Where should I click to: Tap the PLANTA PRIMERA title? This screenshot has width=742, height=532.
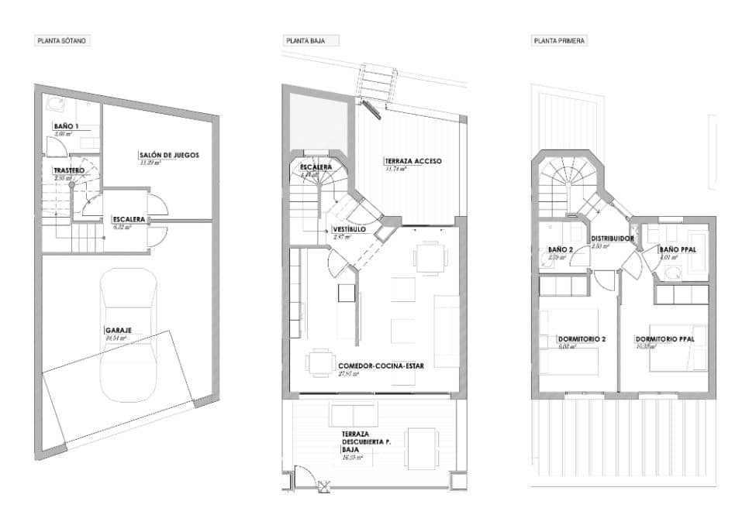coord(558,40)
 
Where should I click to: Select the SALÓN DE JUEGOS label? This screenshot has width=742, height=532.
coord(169,155)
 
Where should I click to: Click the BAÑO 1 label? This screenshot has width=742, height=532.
coord(66,126)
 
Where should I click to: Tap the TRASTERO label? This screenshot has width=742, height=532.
coord(68,170)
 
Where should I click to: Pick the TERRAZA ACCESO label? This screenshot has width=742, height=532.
coord(413,161)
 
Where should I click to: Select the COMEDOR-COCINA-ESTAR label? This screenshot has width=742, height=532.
coord(381,366)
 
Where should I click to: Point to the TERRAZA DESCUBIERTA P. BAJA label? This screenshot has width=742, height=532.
coord(365,442)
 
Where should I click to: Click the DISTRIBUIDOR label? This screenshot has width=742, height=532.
coord(613,239)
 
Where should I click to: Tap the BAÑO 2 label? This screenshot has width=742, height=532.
coord(555,249)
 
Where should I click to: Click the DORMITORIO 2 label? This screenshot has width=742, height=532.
coord(581,339)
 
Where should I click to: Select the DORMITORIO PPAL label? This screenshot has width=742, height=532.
coord(664,339)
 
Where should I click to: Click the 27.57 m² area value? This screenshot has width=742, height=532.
coord(350,374)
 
